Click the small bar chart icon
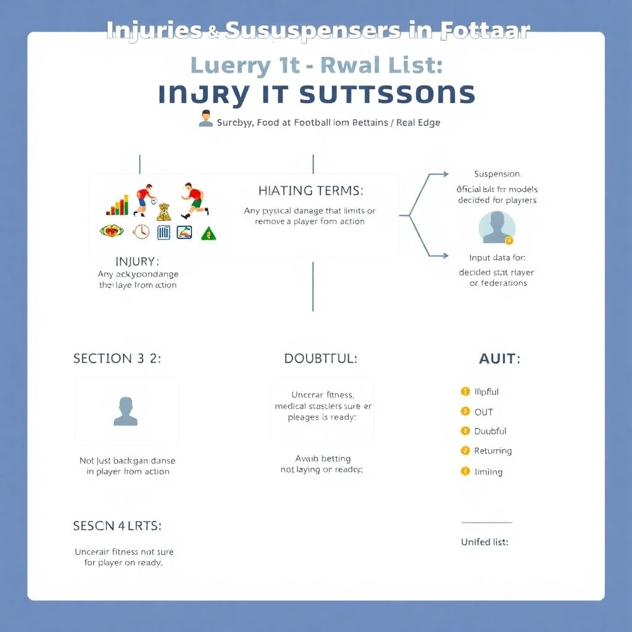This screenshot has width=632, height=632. click(x=118, y=206)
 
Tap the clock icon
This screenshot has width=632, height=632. click(x=141, y=231)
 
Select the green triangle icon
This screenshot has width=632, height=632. click(x=209, y=233)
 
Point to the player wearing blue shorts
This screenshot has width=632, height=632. click(x=143, y=199)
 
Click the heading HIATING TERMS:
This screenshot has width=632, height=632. click(x=310, y=191)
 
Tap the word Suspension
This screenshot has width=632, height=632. click(x=497, y=174)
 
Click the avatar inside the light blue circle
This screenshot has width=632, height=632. click(x=497, y=227)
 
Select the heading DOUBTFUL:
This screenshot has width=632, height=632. click(x=320, y=359)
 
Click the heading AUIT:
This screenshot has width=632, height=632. click(x=499, y=359)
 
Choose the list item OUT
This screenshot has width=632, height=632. click(x=483, y=412)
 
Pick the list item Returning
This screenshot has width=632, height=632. click(x=493, y=451)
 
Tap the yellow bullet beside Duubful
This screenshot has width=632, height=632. click(x=465, y=431)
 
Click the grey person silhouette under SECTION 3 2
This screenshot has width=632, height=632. click(x=125, y=412)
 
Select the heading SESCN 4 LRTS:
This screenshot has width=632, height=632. click(x=117, y=526)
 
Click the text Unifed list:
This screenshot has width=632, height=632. click(x=484, y=542)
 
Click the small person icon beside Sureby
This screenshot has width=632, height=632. click(x=206, y=118)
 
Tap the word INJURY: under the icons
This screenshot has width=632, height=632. click(x=137, y=262)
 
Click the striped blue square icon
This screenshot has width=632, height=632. click(x=164, y=232)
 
